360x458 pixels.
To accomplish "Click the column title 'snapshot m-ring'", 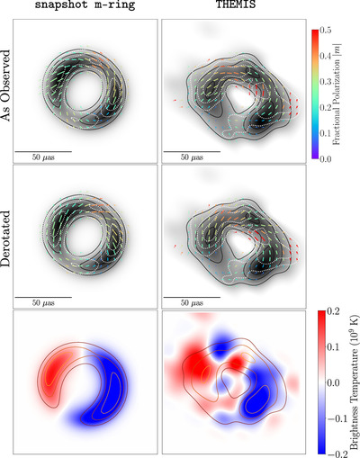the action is click(x=85, y=4).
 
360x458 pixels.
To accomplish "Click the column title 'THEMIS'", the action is click(x=236, y=4).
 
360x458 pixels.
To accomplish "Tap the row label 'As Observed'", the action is click(x=5, y=85).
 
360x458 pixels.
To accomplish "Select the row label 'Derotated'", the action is click(x=5, y=238).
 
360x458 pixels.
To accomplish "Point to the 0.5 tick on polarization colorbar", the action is click(x=326, y=31).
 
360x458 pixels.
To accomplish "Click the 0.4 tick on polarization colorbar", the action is click(x=326, y=56).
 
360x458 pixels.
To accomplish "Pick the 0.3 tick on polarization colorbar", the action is click(x=326, y=82).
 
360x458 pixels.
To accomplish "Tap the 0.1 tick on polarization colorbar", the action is click(x=326, y=133).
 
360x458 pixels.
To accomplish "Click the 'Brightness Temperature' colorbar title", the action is click(x=355, y=384).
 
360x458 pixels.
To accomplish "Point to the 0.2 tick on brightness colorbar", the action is click(x=334, y=311).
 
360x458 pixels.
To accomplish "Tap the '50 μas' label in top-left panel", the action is click(x=43, y=157).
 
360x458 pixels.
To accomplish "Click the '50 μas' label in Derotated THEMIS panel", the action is click(x=192, y=302).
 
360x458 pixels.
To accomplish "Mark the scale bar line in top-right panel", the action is click(x=192, y=151).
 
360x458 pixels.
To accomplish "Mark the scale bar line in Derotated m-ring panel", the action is click(x=43, y=297).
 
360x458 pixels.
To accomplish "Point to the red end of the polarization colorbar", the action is click(x=315, y=31).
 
